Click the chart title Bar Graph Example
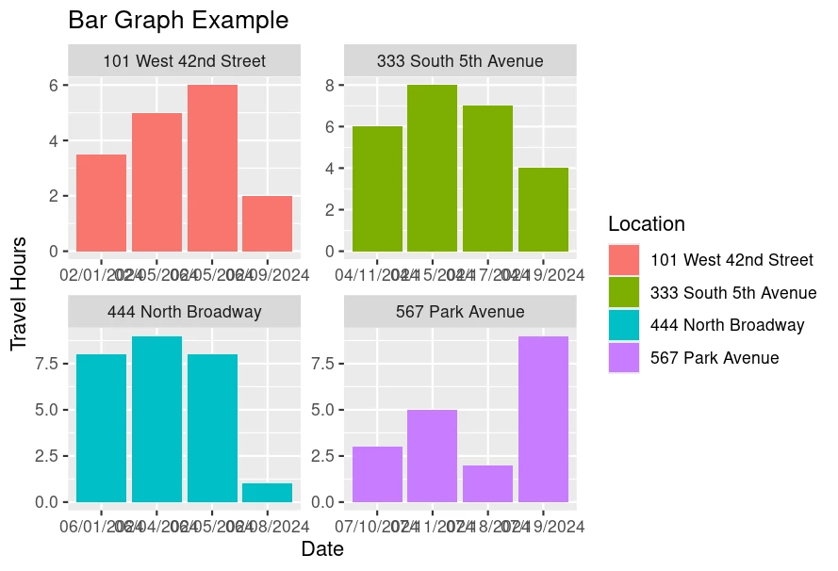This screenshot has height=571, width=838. coord(178,20)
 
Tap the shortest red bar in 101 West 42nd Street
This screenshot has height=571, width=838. coord(267,223)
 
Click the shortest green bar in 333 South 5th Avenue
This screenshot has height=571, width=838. coord(543,209)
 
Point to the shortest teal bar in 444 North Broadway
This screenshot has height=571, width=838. coord(267,492)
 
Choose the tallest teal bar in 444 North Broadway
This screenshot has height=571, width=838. coord(156,418)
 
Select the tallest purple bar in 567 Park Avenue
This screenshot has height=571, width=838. coord(543,418)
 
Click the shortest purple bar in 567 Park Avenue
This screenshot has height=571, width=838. coord(487,483)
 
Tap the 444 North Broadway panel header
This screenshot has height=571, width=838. coord(184,312)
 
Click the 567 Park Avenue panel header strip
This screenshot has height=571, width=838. coord(460,312)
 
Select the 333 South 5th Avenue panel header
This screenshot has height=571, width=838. coord(460,61)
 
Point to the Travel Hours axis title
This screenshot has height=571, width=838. coord(19,294)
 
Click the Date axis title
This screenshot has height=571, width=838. coord(322,549)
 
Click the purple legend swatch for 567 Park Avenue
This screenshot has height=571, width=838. coord(624,358)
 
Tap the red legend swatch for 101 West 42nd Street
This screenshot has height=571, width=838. coord(624,260)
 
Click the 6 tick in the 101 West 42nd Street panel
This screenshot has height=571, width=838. coord(55,85)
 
